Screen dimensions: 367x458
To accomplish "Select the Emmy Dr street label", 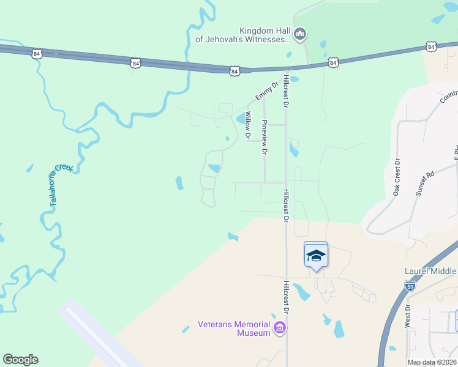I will click(x=263, y=93).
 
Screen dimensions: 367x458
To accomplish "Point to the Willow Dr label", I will click(x=248, y=125).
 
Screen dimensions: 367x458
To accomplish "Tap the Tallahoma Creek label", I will click(x=57, y=187).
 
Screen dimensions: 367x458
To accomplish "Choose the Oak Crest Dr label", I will click(x=396, y=177).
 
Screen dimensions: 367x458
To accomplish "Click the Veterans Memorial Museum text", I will click(x=234, y=328).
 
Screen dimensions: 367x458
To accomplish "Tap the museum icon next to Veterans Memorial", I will click(x=280, y=328).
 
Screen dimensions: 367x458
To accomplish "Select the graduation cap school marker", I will click(x=316, y=255).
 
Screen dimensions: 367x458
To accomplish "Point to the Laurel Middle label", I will click(x=430, y=271).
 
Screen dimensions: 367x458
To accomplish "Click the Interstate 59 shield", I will click(x=410, y=286).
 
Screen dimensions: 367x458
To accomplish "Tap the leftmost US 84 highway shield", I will click(x=38, y=54).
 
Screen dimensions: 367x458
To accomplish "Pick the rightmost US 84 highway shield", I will click(x=431, y=46).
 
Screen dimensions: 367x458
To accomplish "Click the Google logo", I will click(x=20, y=360).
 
